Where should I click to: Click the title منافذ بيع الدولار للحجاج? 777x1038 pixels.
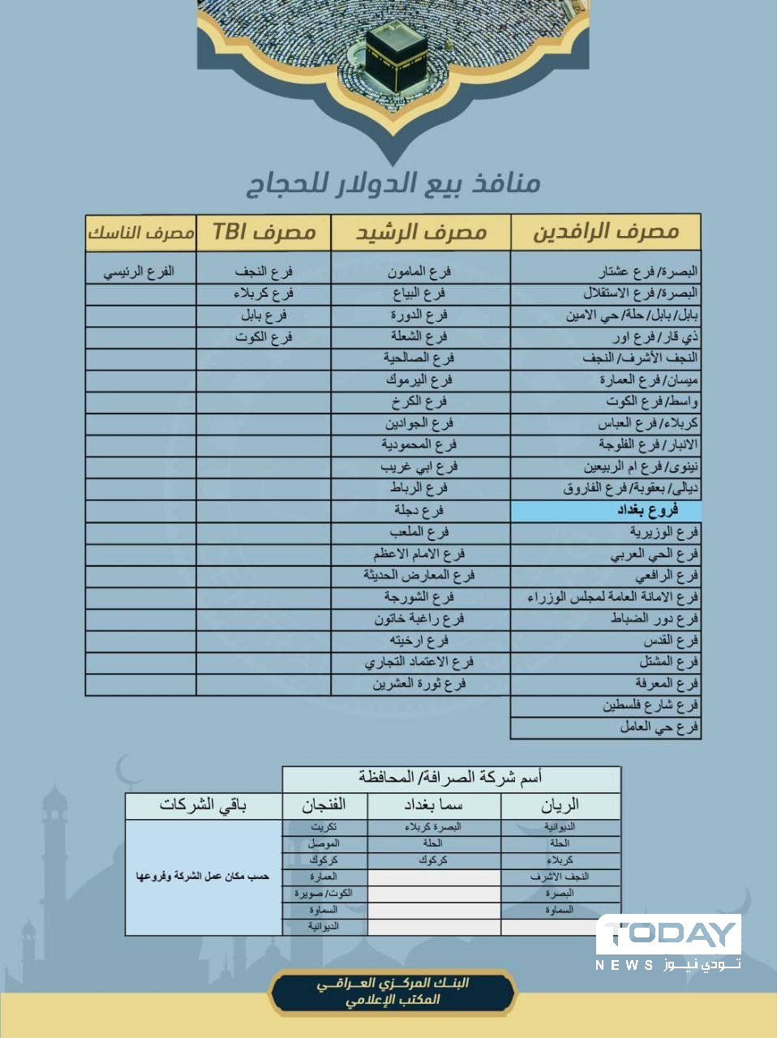point(393,183)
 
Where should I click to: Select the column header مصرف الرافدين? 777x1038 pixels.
point(605,232)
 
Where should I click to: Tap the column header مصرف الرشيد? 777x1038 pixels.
point(421,232)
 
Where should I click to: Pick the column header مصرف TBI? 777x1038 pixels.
point(264,232)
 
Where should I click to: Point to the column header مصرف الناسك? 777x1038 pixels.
point(141,232)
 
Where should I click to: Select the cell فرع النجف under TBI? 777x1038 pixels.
point(264,272)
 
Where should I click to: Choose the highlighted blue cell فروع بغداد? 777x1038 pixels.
point(647,511)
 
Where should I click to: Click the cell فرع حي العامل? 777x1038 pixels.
point(659,727)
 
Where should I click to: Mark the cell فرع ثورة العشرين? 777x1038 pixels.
point(419,684)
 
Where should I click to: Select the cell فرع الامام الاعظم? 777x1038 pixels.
point(419,554)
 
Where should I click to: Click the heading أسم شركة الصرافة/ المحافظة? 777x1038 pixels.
point(451,778)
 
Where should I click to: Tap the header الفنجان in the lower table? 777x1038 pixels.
point(324,805)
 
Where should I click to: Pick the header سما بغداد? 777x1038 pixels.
point(433,805)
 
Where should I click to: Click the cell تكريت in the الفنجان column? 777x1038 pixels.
point(324,827)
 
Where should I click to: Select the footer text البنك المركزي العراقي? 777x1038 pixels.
point(393,983)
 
